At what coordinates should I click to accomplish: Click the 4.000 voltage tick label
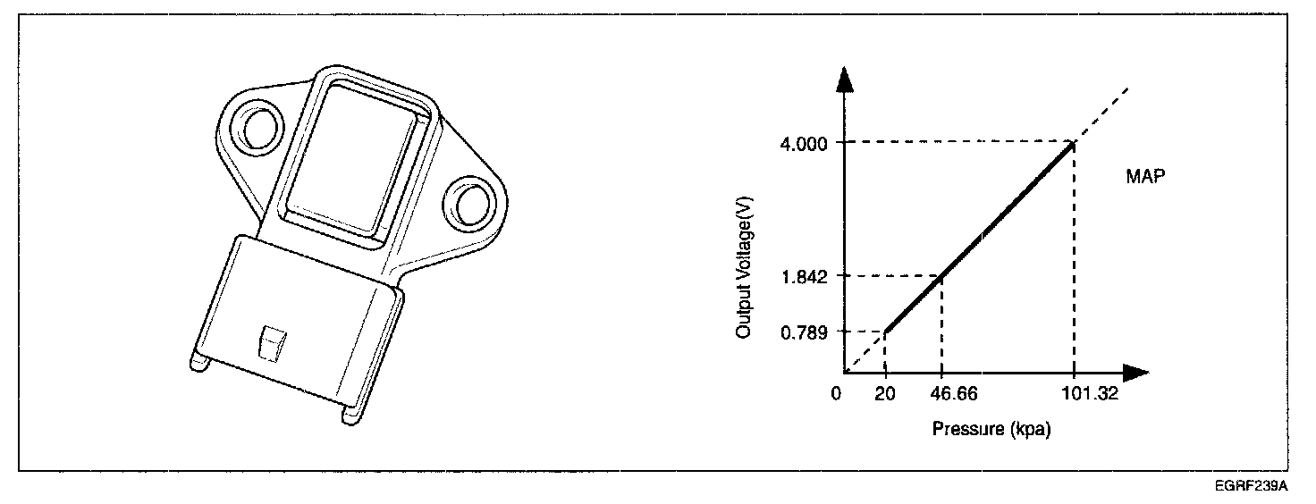tap(803, 144)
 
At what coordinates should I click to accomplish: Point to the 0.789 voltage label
tap(804, 333)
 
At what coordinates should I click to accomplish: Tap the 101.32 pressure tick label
tap(1091, 393)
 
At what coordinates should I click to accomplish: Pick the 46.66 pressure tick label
tap(954, 393)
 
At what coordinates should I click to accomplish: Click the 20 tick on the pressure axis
tap(885, 393)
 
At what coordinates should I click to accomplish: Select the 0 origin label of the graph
tap(836, 393)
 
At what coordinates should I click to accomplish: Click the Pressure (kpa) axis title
tap(991, 430)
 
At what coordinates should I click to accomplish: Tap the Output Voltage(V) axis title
tap(744, 267)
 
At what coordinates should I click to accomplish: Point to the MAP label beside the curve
tap(1145, 176)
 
